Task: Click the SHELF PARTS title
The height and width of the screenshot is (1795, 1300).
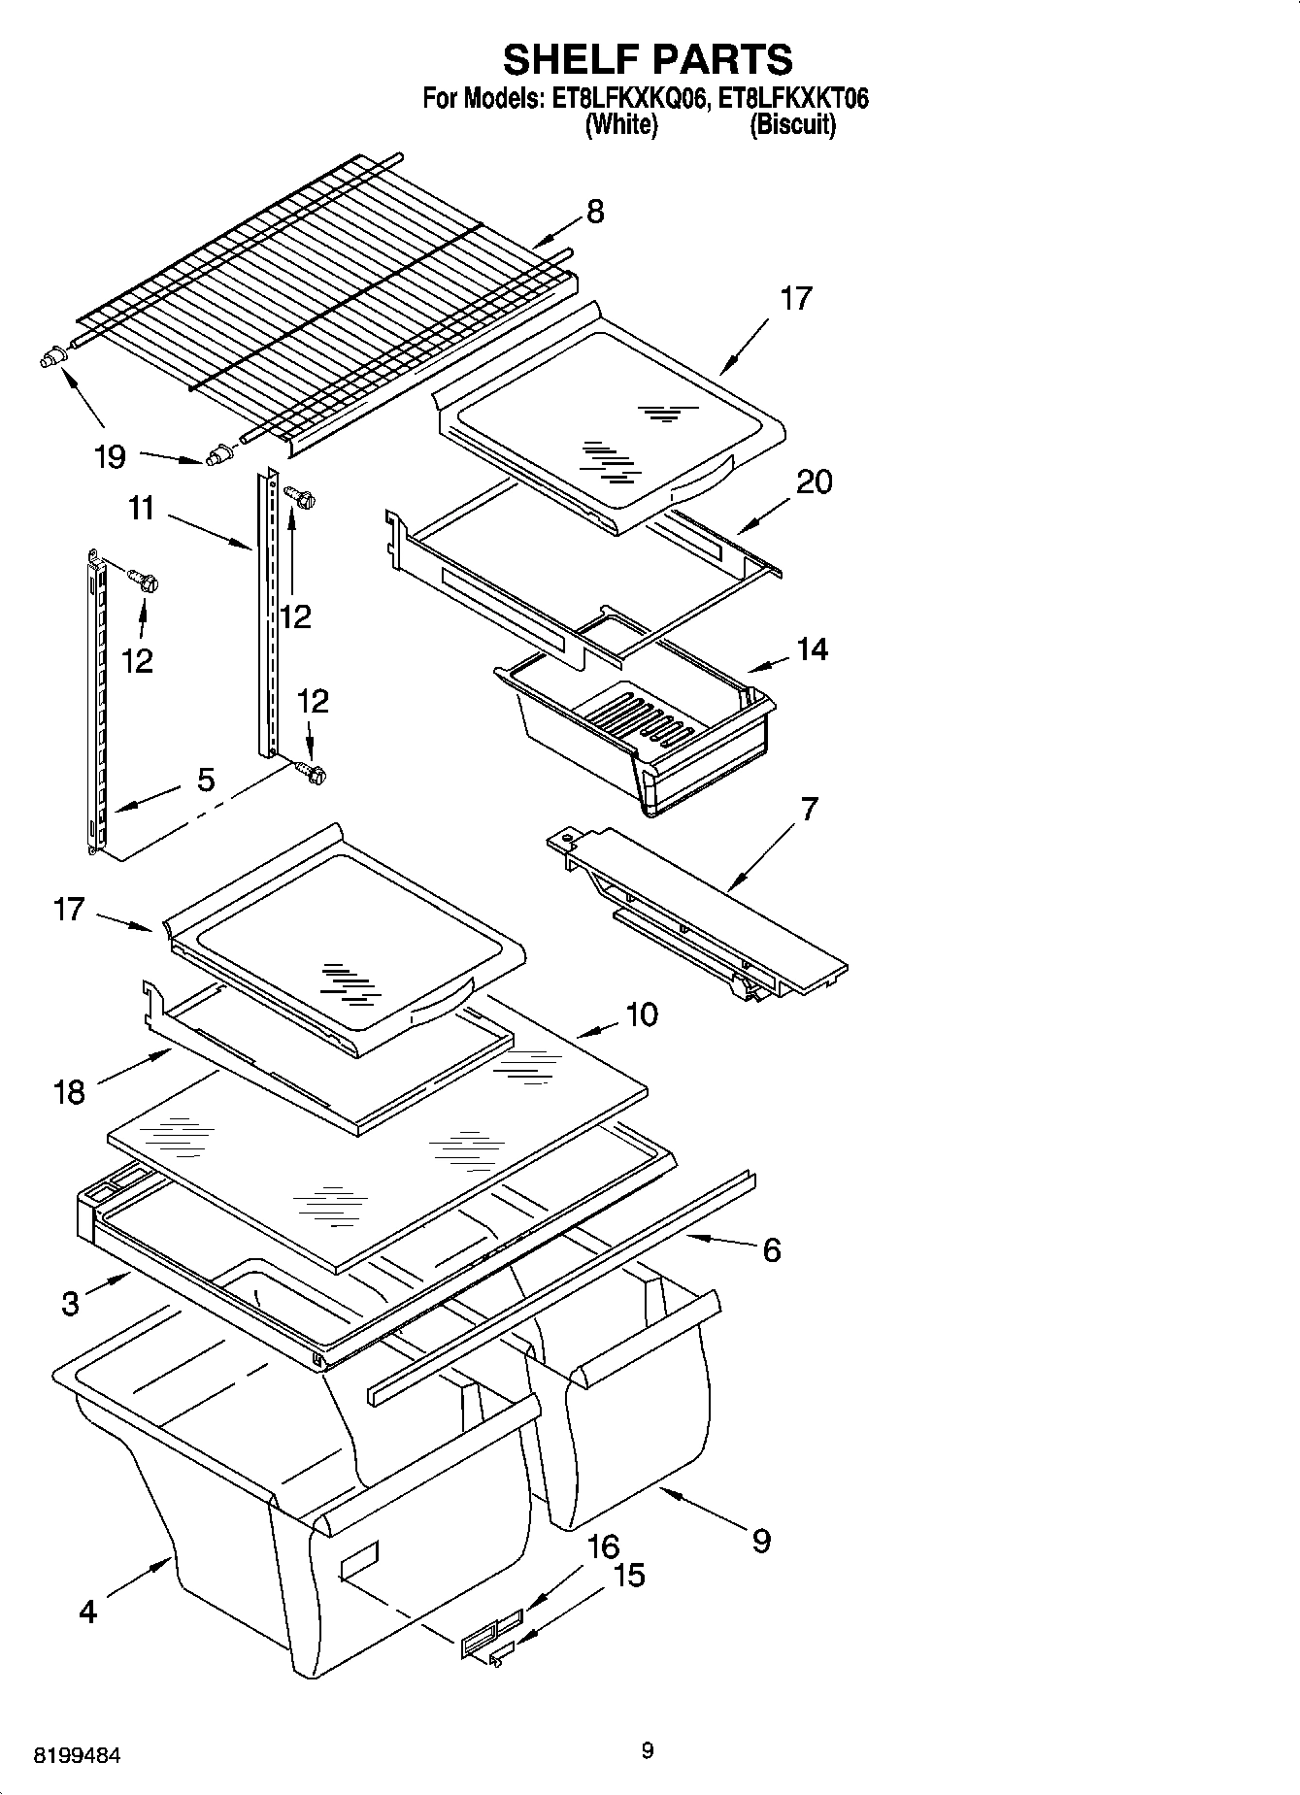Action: (648, 59)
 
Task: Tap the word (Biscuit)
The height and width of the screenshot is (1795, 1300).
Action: (792, 125)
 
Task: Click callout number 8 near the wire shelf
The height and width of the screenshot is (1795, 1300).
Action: (595, 212)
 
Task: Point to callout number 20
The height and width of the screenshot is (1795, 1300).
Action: (814, 482)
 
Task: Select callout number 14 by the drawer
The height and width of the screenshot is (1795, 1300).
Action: (812, 649)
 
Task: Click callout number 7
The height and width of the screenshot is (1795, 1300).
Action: (809, 809)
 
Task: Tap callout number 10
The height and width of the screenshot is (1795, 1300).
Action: (642, 1014)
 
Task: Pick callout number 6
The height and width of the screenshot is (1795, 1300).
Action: (772, 1249)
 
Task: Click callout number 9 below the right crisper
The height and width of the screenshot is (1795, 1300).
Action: (761, 1541)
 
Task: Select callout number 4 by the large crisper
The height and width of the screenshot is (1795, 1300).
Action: (87, 1612)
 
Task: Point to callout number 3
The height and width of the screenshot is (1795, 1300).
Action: (70, 1303)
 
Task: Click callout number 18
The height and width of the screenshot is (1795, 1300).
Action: (70, 1092)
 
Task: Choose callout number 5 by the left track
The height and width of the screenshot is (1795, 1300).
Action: (206, 780)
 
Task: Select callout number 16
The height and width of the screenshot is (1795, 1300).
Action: (603, 1546)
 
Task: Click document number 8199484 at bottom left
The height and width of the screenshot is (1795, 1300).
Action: (78, 1755)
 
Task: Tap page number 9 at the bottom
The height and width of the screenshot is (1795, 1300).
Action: (648, 1750)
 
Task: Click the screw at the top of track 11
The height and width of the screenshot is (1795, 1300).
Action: (303, 500)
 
